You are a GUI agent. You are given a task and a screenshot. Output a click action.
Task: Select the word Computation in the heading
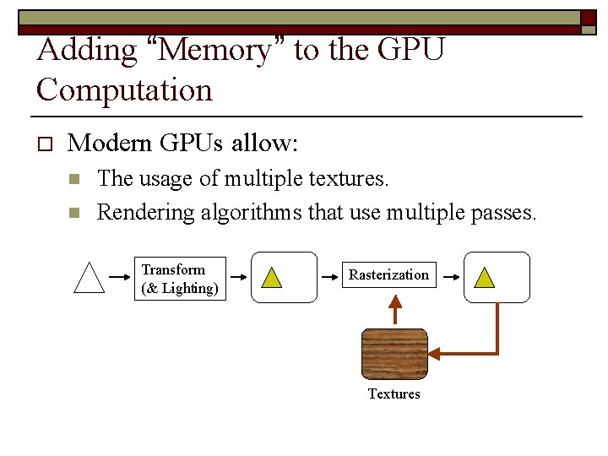click(124, 90)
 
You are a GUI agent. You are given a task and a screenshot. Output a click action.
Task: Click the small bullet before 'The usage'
click(73, 179)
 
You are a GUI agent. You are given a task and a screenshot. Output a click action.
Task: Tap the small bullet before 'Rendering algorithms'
click(73, 212)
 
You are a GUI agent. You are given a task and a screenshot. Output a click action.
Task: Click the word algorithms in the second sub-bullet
click(251, 212)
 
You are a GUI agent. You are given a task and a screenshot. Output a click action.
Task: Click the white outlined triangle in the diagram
click(90, 277)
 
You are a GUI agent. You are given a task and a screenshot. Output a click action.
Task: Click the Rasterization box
click(388, 275)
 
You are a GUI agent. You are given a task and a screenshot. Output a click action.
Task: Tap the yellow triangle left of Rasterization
click(272, 277)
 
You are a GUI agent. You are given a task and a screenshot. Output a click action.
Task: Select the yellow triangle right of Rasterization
click(485, 277)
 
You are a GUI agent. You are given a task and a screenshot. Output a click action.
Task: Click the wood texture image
click(394, 354)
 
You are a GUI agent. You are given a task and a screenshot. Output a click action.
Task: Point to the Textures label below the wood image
click(394, 394)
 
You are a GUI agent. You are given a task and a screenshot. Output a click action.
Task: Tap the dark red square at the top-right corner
click(589, 19)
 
